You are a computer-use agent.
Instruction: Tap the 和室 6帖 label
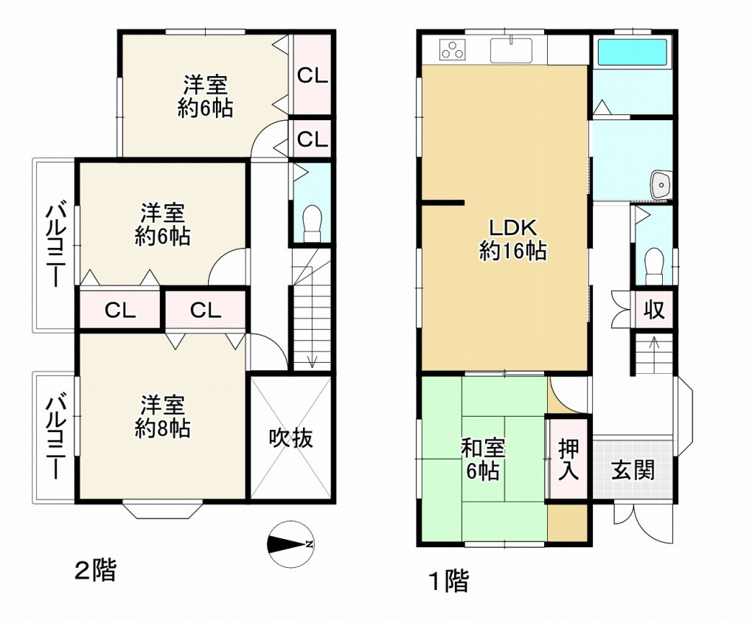(483, 458)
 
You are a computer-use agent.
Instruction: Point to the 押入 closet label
(568, 459)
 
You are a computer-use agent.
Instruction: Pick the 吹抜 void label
(290, 438)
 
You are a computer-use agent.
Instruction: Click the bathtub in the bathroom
(633, 52)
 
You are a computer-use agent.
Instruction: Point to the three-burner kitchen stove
(453, 50)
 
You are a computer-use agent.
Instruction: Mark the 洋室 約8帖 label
(162, 416)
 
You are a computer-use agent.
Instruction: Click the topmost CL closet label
(312, 74)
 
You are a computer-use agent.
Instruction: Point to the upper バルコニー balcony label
(56, 244)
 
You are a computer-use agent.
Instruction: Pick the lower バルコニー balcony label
(56, 437)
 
